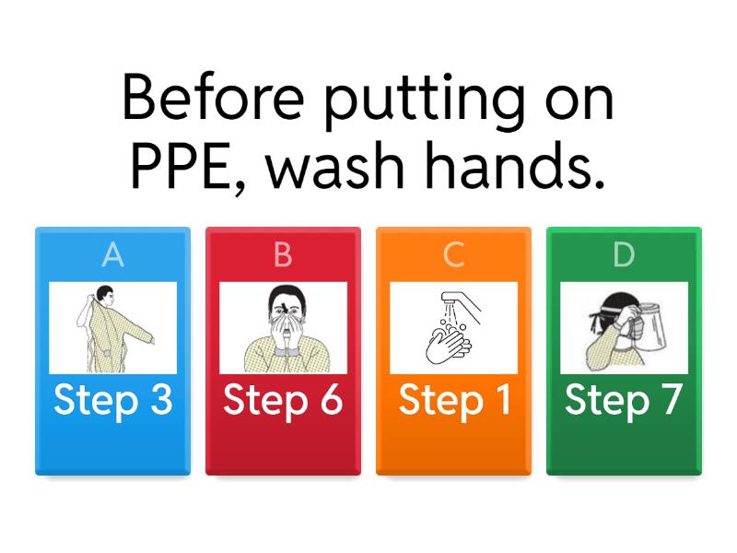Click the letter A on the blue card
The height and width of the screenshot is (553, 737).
112,255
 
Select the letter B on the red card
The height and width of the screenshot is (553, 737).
283,255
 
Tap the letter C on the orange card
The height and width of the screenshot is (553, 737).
453,255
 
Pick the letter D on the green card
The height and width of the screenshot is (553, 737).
624,255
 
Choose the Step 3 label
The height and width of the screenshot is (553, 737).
112,400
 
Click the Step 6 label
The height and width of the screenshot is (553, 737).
283,400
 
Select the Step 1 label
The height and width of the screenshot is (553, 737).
453,400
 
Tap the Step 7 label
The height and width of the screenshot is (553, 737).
624,400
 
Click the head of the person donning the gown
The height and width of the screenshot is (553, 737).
104,296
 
